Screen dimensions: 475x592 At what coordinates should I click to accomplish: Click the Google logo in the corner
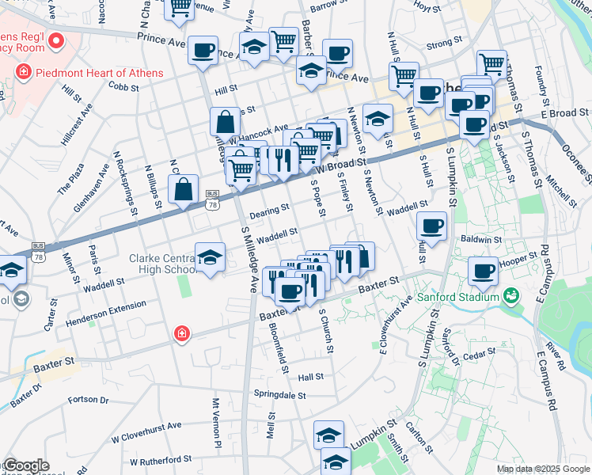pyautogui.click(x=26, y=465)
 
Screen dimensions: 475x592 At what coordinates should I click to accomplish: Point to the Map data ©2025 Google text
pyautogui.click(x=543, y=469)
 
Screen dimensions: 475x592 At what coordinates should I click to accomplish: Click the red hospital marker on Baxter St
pyautogui.click(x=182, y=334)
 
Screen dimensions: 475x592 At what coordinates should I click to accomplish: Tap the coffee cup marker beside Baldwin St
pyautogui.click(x=432, y=226)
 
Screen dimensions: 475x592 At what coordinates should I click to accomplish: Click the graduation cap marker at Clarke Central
pyautogui.click(x=211, y=257)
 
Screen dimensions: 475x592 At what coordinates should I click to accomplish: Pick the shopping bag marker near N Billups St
pyautogui.click(x=183, y=190)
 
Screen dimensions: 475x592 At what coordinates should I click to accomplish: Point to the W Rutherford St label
pyautogui.click(x=161, y=459)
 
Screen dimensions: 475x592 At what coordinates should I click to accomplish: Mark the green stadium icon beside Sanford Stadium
pyautogui.click(x=511, y=297)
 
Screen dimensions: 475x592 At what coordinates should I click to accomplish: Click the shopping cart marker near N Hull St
pyautogui.click(x=404, y=76)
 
